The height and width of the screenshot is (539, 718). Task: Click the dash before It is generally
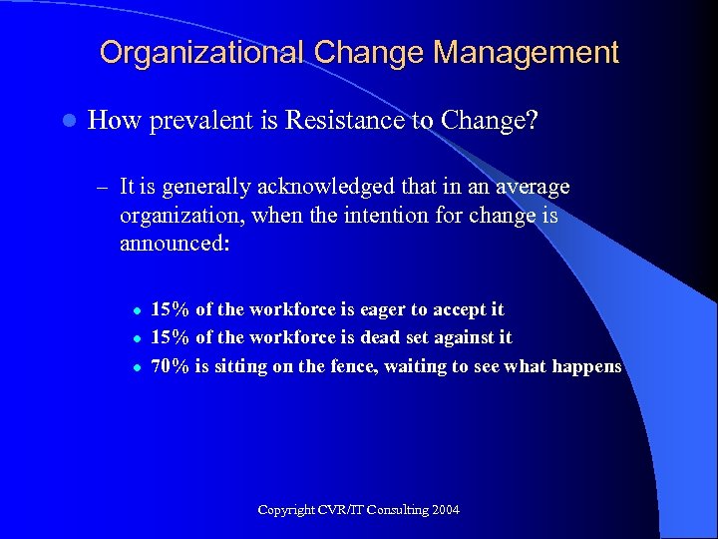pos(102,187)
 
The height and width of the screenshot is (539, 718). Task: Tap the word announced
pos(174,245)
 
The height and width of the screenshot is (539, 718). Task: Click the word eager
pos(392,309)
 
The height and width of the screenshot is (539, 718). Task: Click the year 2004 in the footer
pos(446,510)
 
